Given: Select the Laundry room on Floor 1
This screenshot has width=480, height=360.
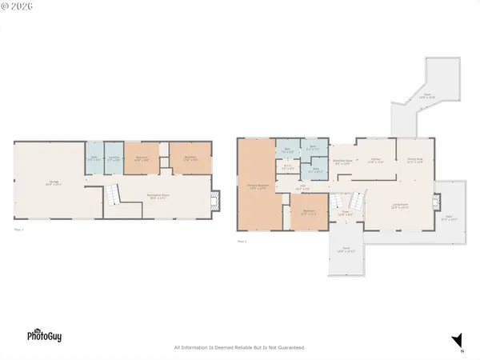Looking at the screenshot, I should (114, 158).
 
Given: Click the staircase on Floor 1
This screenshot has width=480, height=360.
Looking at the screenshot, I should (113, 194).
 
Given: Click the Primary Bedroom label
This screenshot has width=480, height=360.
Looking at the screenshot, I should (256, 186).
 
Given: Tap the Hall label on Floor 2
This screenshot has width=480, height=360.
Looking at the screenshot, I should (303, 187).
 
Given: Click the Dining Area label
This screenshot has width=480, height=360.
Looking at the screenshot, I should (414, 161).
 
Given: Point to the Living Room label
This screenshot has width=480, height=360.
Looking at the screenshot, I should (399, 206).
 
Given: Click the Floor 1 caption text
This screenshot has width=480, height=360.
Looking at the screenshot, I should (19, 230).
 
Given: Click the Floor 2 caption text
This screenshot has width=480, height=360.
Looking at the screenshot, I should (242, 240).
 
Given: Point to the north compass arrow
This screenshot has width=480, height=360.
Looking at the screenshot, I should (458, 341).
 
